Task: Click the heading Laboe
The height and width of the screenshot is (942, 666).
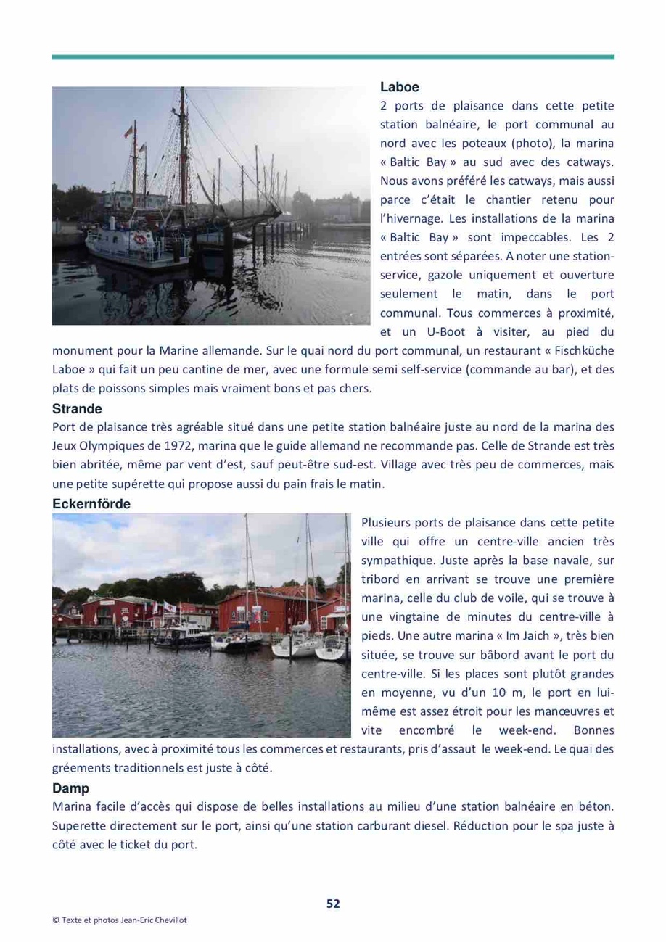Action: (399, 87)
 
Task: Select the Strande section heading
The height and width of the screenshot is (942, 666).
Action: (77, 408)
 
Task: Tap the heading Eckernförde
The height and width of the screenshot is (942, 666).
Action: (91, 503)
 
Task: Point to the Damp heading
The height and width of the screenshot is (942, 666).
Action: (68, 788)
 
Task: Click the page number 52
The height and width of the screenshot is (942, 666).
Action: (333, 903)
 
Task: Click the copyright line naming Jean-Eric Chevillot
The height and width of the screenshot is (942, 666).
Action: (120, 919)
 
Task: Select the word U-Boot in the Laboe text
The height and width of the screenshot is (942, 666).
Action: (440, 332)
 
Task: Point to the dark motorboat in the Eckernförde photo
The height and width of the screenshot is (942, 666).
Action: (180, 638)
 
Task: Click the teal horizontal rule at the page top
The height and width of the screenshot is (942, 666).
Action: (333, 57)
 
